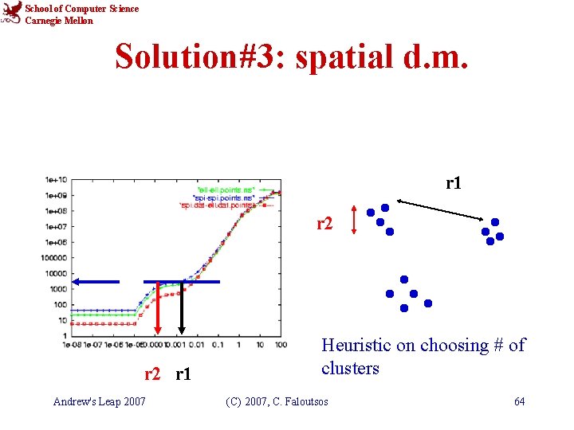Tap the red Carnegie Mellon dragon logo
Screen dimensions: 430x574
click(11, 14)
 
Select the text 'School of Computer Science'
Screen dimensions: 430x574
click(81, 9)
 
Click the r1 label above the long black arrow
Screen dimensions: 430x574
click(454, 183)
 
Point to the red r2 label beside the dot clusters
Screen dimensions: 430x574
click(324, 223)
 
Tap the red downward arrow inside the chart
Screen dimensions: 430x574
click(158, 311)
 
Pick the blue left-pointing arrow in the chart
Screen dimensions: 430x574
click(95, 281)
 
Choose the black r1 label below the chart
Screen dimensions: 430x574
click(183, 373)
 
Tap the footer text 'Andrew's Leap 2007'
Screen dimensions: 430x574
click(99, 401)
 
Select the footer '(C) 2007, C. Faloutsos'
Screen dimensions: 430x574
click(276, 401)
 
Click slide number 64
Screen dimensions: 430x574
click(519, 401)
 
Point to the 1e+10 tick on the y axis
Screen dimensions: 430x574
click(57, 179)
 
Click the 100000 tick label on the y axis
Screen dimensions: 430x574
click(55, 257)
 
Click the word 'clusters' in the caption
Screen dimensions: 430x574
click(350, 369)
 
